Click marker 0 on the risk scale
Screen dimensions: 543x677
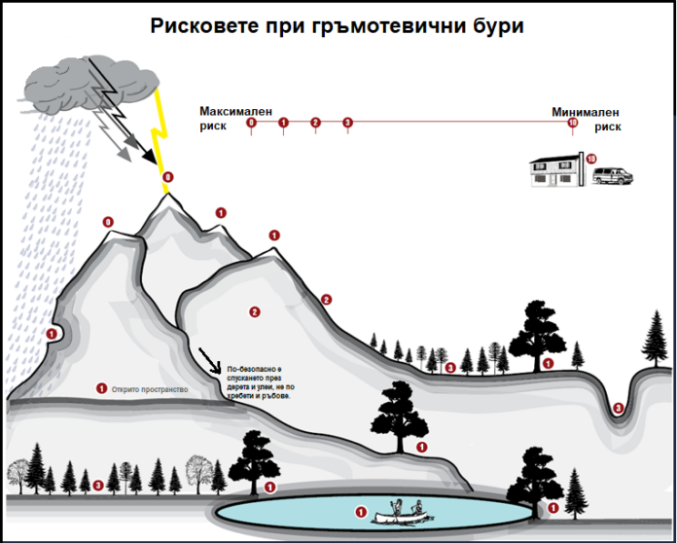[x=252, y=123]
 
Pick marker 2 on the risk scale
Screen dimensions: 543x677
[x=315, y=123]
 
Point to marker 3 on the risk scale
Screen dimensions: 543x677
[x=347, y=123]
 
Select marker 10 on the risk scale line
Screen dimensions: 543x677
[x=572, y=123]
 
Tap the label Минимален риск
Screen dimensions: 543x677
[x=586, y=119]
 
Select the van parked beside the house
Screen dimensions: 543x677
[x=612, y=176]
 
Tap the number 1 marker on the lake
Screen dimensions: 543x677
[x=361, y=511]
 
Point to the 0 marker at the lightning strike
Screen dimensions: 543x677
[x=168, y=176]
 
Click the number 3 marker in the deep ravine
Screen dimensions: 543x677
[x=619, y=406]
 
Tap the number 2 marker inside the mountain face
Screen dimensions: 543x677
[x=254, y=312]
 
